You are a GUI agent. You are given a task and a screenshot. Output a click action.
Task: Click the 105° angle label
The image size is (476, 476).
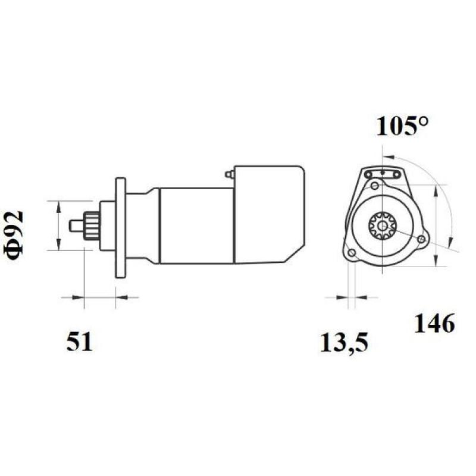coord(402,126)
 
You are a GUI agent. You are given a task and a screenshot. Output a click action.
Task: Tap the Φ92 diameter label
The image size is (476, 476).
coord(16,234)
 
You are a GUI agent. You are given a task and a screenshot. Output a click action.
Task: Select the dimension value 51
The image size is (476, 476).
coord(79,342)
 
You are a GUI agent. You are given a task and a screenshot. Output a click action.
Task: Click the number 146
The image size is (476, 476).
coord(434,324)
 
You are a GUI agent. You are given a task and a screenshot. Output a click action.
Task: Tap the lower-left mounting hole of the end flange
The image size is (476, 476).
coord(352,254)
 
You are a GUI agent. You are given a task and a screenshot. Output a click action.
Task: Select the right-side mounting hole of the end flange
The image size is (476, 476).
coord(422,239)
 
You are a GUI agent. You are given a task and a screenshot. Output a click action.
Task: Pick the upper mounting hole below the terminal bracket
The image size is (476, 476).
coord(374,187)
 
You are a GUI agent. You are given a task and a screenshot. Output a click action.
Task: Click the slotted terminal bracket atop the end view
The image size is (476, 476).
coord(383,173)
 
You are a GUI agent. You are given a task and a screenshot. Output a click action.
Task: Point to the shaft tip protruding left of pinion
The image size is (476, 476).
coord(76,226)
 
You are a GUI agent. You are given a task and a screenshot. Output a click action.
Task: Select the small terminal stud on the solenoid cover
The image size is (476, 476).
coord(229,174)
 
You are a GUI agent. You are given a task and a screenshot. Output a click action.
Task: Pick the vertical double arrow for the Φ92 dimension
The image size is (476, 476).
coord(58,226)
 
